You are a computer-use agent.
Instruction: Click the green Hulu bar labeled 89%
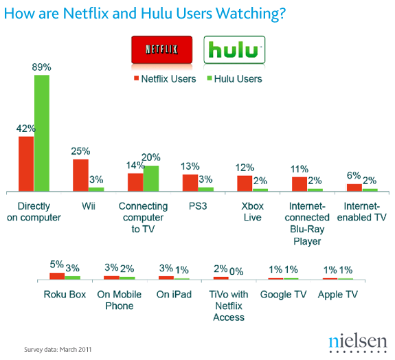point(42,133)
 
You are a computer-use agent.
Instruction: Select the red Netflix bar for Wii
point(80,175)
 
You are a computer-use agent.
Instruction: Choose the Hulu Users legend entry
point(235,79)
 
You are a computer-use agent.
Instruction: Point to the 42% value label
point(26,128)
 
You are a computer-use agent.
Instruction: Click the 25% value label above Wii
point(80,150)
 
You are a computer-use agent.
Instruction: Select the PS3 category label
point(198,206)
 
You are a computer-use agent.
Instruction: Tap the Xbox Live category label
point(252,212)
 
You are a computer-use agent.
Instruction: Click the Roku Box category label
point(65,294)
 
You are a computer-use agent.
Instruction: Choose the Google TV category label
point(283,294)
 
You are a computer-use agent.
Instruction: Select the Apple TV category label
point(337,294)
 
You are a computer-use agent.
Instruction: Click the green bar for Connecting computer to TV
point(150,178)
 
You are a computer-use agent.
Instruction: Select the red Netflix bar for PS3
point(190,182)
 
